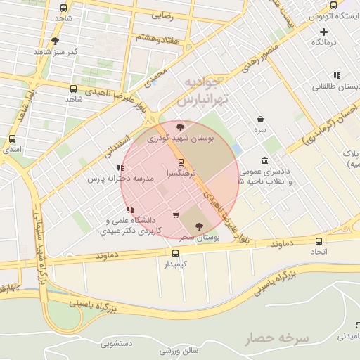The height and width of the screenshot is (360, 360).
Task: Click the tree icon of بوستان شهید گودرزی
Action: click(181, 127)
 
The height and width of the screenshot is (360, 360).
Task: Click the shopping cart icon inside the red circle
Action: click(175, 215)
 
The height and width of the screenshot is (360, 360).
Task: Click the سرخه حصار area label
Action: click(276, 338)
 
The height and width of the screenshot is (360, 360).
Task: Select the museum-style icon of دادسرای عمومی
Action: click(264, 160)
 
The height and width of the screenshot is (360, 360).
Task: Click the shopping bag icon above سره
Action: click(261, 120)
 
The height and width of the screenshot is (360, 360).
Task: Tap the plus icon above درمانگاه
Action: click(323, 32)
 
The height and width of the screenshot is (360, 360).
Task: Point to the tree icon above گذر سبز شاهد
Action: click(56, 41)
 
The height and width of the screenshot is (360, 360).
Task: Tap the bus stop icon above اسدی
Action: click(12, 139)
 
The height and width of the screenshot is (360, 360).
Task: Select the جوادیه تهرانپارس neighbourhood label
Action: click(207, 91)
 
